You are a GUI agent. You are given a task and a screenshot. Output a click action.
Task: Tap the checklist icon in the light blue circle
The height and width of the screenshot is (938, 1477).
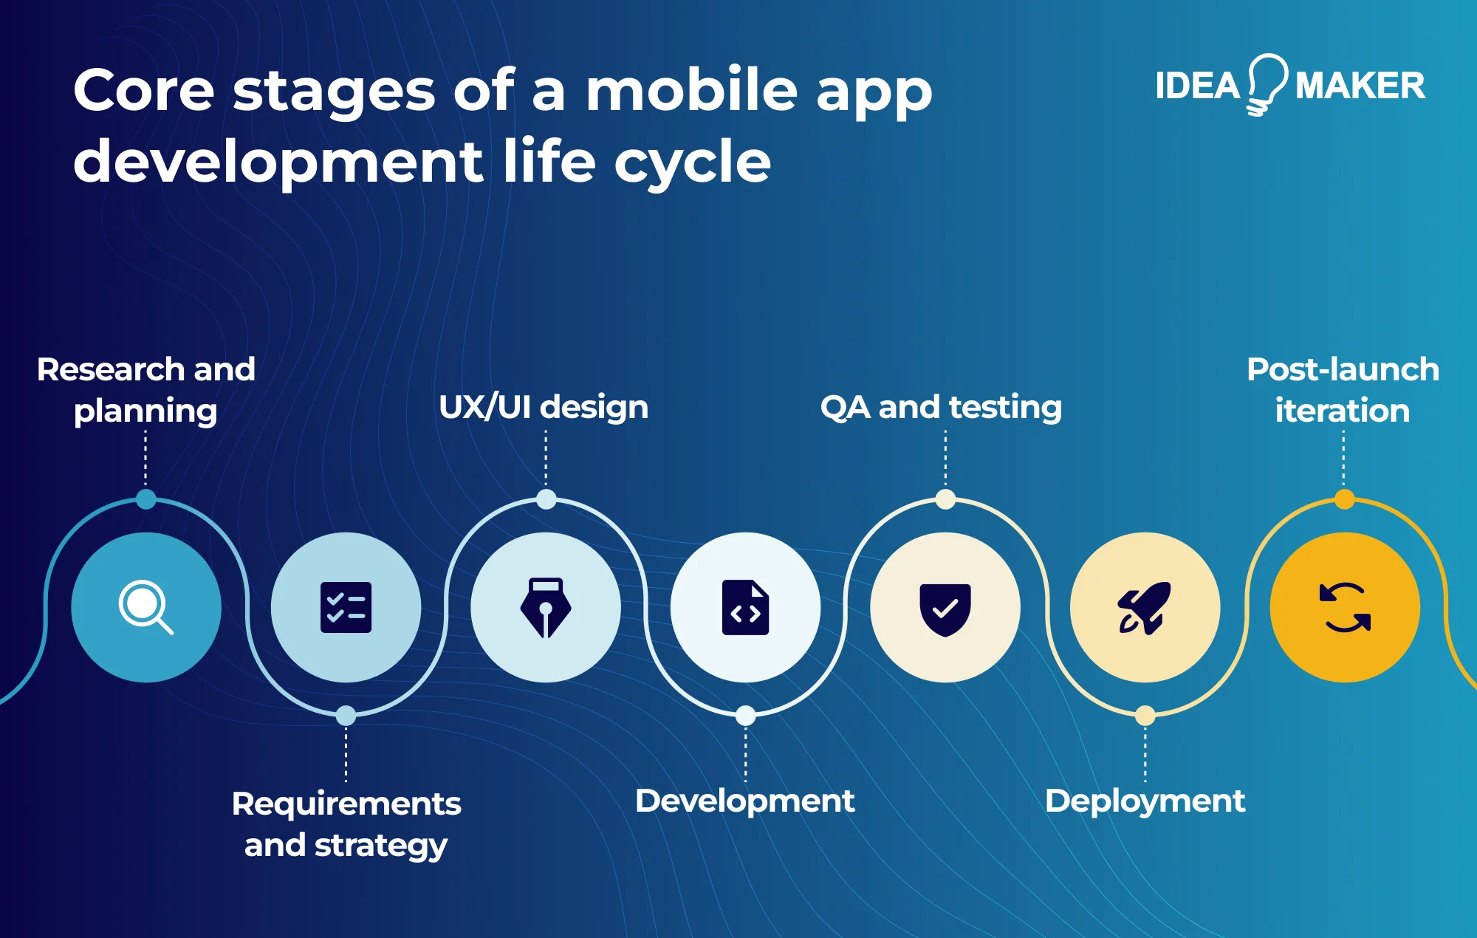[346, 607]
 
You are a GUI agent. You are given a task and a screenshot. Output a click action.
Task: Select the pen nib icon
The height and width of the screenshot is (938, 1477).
[546, 607]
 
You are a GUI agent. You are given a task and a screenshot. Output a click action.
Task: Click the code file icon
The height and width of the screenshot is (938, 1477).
[745, 607]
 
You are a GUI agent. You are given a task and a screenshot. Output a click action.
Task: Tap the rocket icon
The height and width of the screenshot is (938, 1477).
[1144, 608]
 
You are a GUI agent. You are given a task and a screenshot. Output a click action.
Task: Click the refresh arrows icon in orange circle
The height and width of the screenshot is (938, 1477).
[1345, 608]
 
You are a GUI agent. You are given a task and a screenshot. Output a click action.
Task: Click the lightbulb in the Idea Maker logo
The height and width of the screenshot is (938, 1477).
[1267, 83]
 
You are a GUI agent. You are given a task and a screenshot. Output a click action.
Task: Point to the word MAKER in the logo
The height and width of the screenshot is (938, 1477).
[1360, 86]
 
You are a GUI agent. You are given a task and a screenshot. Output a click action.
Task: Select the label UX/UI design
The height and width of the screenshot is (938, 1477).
[544, 407]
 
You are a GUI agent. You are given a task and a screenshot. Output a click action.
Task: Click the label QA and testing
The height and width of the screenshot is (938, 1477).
[941, 407]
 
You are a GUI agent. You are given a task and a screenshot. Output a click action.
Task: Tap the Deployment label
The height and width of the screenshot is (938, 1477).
[1145, 801]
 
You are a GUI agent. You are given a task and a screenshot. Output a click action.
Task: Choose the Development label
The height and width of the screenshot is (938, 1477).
[744, 801]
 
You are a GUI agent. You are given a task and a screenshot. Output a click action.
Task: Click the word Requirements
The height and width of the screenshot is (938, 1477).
[346, 804]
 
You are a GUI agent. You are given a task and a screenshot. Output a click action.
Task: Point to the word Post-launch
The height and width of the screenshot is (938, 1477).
[1343, 369]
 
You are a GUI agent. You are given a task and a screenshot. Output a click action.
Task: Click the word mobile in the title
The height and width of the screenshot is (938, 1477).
[692, 90]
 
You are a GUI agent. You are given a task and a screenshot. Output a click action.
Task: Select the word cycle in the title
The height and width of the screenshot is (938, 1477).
[692, 162]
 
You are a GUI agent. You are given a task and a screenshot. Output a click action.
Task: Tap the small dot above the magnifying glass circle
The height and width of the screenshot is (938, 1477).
[146, 499]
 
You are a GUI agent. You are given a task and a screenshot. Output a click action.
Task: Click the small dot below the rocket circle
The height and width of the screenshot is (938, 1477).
[1145, 715]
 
